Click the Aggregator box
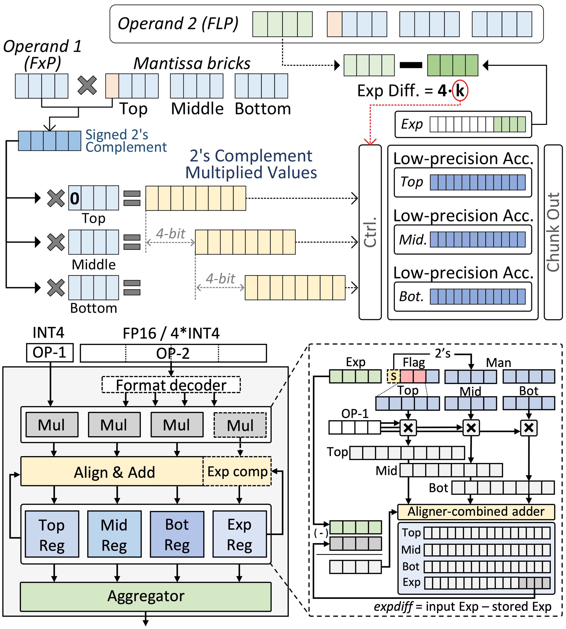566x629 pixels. coord(145,596)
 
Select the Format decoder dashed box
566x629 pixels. coord(171,385)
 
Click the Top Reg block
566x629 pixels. coord(52,534)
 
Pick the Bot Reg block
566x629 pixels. coord(177,534)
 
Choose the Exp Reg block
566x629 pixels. coord(239,534)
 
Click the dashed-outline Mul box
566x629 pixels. coord(240,425)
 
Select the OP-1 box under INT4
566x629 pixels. coord(50,352)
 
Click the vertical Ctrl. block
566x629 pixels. coord(370,232)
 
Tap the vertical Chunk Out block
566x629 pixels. coord(553,232)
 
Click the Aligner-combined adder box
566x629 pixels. coord(476,512)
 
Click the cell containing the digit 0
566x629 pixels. coord(75,198)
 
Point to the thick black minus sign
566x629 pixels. coord(411,65)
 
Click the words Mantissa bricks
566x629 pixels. coord(192,63)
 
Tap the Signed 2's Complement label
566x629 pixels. coord(126,141)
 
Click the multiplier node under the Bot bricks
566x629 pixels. coord(529,428)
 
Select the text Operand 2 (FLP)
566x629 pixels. coord(178,24)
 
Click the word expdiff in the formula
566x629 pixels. coord(393,607)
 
